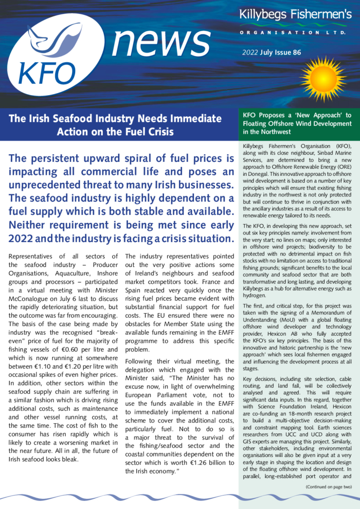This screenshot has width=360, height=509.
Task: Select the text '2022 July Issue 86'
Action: tap(272, 53)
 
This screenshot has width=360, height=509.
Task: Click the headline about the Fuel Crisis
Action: tap(115, 125)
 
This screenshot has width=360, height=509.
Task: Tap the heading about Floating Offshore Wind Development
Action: tap(297, 124)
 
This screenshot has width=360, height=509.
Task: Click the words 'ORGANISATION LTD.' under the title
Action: tap(295, 32)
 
